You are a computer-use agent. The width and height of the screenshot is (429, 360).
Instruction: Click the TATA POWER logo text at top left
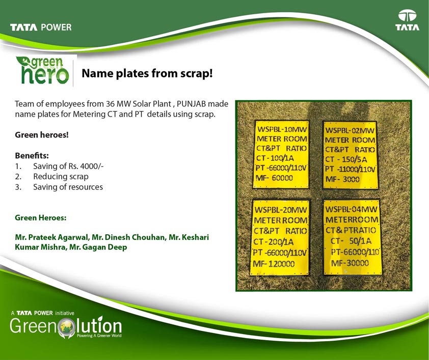(x=41, y=27)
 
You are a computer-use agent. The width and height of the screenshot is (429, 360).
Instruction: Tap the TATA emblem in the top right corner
(x=407, y=20)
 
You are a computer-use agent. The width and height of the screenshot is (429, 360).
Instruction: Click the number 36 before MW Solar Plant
(x=110, y=104)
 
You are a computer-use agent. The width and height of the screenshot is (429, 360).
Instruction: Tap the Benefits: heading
(x=32, y=155)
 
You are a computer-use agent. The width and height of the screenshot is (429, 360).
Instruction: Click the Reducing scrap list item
(x=61, y=177)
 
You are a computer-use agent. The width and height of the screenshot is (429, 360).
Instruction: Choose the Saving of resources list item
(x=68, y=187)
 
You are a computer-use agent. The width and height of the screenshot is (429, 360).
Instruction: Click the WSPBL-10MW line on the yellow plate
(x=282, y=129)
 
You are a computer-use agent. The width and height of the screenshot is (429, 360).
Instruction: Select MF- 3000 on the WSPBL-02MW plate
(x=342, y=179)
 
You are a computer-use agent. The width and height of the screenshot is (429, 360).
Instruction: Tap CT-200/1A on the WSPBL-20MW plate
(x=273, y=242)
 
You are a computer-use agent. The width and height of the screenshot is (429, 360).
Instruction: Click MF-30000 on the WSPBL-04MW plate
(x=350, y=263)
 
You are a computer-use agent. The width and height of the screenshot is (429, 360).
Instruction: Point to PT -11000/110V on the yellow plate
(x=350, y=170)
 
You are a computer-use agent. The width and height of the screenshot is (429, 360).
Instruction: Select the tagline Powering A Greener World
(x=99, y=336)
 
